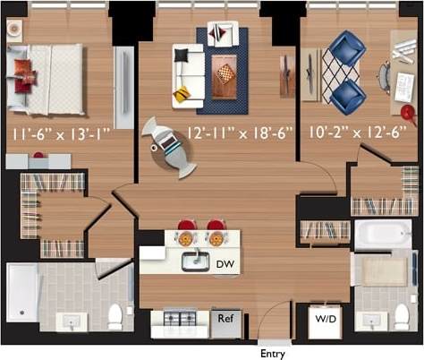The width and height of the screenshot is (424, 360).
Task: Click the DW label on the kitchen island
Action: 225,264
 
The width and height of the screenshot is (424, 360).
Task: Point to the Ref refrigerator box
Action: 226,318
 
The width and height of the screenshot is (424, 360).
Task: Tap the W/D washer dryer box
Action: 323,320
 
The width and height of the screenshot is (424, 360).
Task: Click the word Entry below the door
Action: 272,353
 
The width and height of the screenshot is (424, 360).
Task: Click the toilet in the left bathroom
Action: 114,315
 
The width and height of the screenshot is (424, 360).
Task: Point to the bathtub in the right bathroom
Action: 383,235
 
